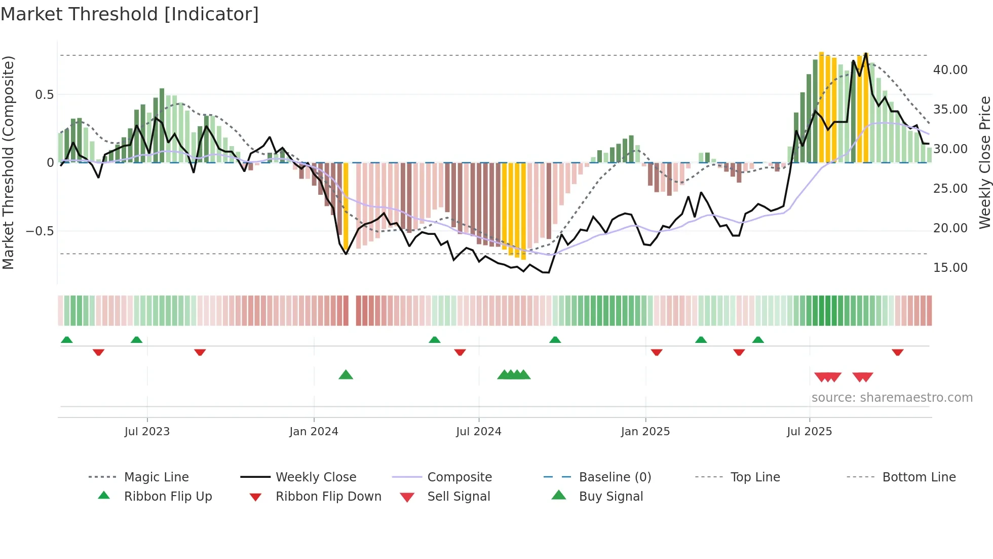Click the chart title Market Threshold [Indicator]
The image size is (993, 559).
point(130,14)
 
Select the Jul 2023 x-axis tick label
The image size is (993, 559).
point(147,432)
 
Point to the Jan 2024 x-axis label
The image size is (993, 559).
point(314,432)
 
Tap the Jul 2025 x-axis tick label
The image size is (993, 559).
point(809,432)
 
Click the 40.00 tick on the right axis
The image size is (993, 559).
point(950,70)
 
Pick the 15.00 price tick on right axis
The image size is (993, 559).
point(950,268)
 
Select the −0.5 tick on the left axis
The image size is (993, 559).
point(40,231)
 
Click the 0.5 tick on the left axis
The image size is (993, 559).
point(44,95)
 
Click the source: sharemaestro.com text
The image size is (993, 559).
point(892,398)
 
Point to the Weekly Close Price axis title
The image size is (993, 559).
point(984,162)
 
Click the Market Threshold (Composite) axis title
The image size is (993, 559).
point(8,162)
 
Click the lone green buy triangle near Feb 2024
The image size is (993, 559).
point(346,375)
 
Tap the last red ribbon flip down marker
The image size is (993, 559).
point(897,352)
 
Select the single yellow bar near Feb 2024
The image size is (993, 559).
point(346,205)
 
